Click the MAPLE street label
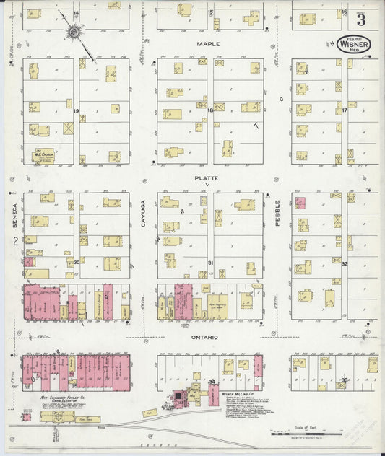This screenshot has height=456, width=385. pos(209,44)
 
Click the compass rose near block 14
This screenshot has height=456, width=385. pos(74,32)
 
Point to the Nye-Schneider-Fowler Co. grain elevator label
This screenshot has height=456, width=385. pos(61,398)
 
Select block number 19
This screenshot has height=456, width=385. pos(75,110)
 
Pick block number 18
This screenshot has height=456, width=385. pos(210,110)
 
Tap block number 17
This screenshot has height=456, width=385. pos(345,110)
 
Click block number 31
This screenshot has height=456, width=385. pos(211,263)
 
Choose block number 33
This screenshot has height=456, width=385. pos(345,380)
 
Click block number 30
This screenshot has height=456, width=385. pos(76,263)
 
